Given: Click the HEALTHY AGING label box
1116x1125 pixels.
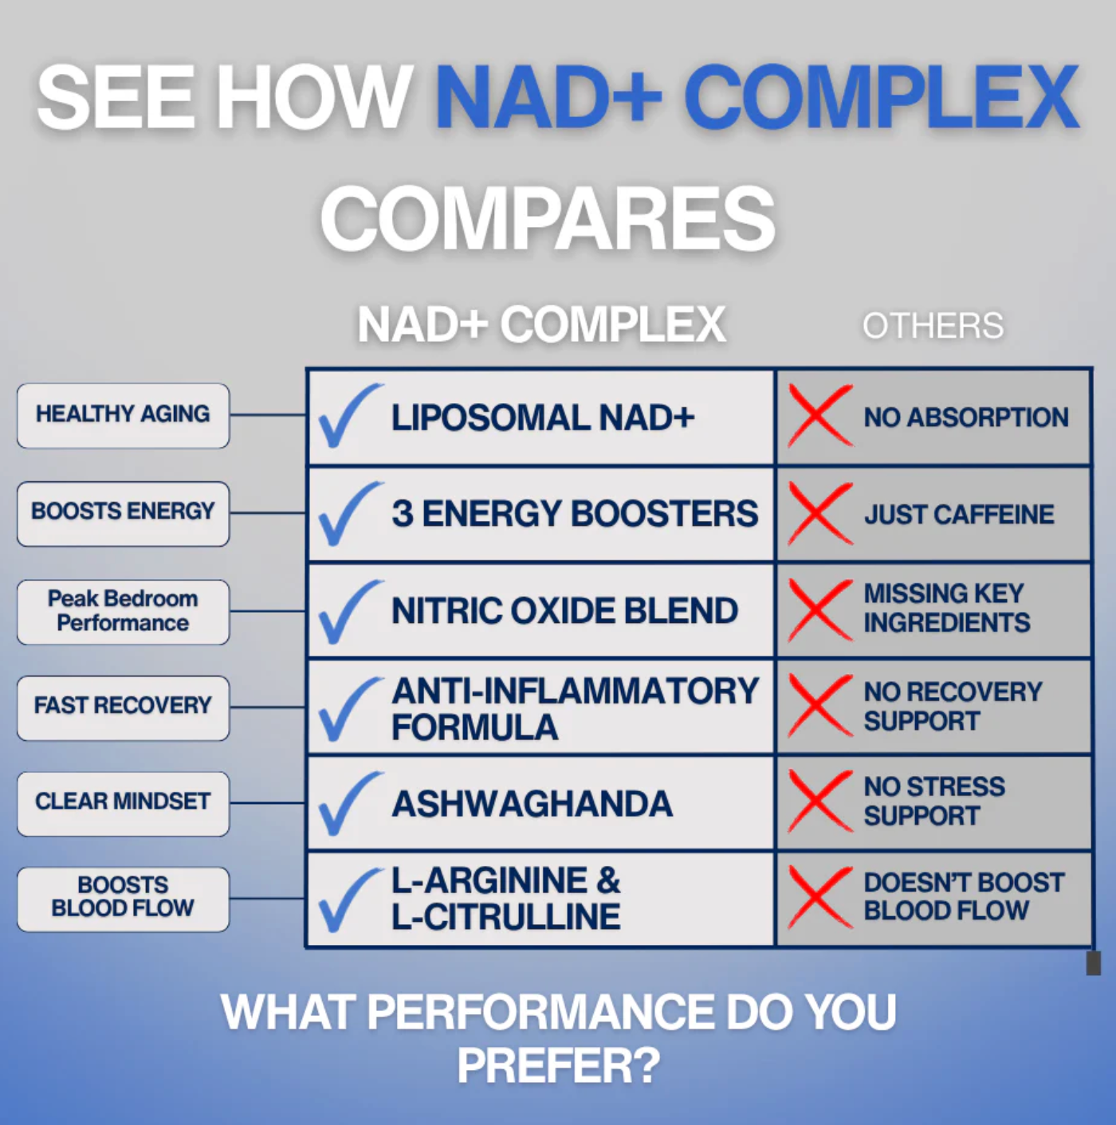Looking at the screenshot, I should point(123,415).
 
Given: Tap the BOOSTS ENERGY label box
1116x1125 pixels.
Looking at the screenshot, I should point(123,513).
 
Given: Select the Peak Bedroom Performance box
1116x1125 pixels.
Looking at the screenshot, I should point(123,611).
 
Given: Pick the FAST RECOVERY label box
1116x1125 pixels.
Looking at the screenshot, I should point(123,707).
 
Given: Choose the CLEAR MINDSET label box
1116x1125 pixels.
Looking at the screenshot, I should point(123,803).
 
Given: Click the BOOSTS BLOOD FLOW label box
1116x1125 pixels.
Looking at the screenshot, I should point(123,898).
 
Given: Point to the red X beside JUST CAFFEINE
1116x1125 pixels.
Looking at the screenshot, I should point(819,514).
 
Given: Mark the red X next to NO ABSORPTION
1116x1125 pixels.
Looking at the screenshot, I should point(819,416).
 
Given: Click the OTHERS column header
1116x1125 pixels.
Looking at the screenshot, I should point(933,326).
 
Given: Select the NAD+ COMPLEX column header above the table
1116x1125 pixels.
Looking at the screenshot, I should point(541,325).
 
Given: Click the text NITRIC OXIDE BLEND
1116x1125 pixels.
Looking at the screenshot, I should point(564,611).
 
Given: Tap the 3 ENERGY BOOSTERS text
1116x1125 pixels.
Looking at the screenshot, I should point(574,514).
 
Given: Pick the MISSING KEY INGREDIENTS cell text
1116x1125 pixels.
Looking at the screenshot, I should point(946,608).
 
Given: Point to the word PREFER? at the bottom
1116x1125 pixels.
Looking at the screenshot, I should point(558,1065).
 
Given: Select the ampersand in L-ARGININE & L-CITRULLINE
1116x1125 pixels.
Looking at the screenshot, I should point(607,881).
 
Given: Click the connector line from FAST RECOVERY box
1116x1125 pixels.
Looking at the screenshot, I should point(268,708).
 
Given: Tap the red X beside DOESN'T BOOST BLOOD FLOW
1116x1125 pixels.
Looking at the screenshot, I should point(819,898).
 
